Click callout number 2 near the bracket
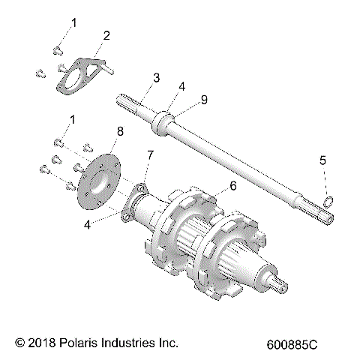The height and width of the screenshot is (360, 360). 106,35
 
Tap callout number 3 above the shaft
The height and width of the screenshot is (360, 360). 156,77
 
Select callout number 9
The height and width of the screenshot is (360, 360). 202,99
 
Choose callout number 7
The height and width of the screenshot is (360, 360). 150,155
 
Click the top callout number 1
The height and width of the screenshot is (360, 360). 73,24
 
